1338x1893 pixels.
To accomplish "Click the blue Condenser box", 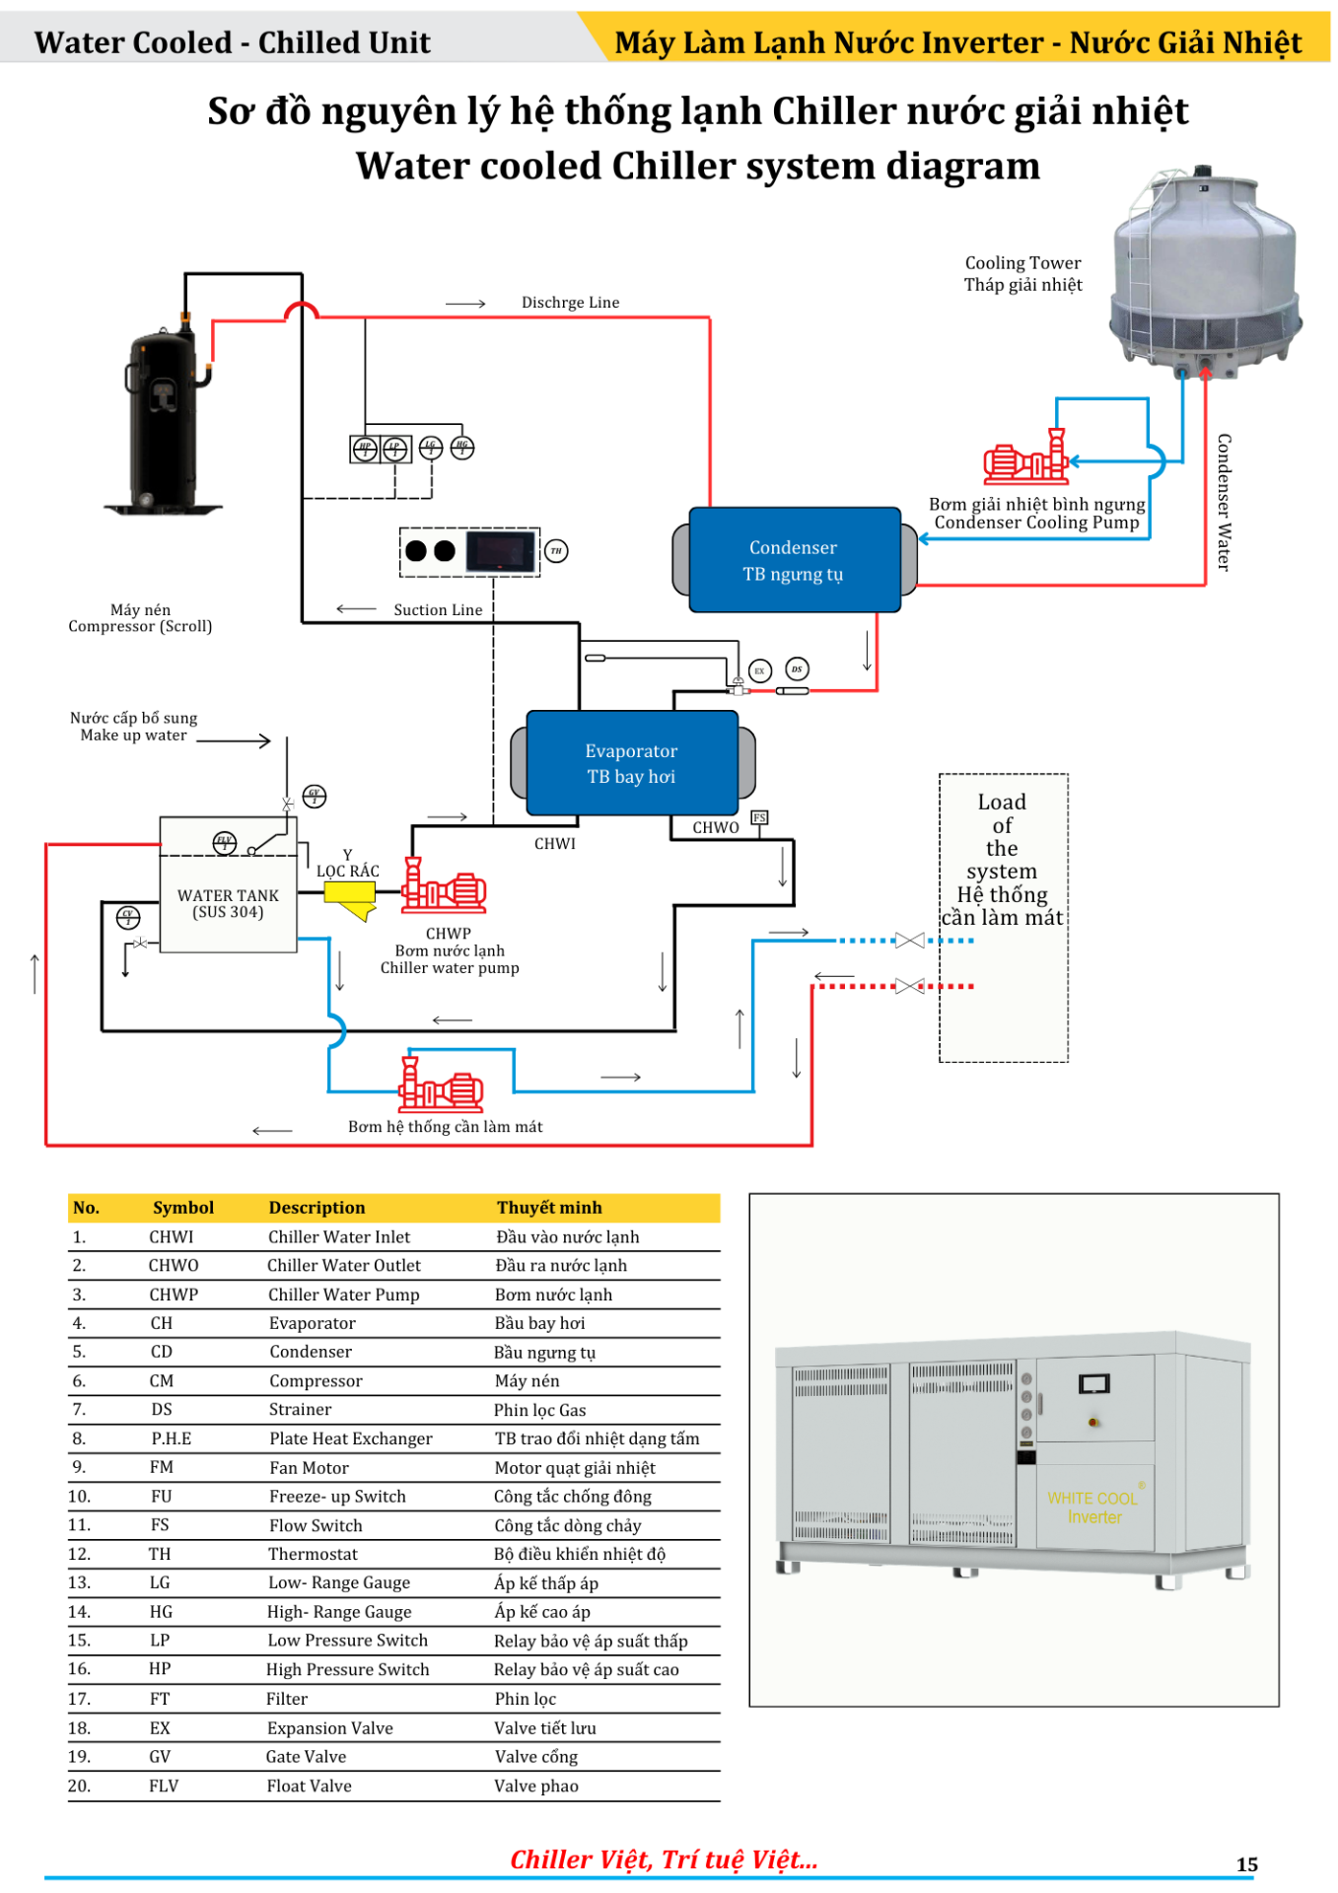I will click(x=794, y=560).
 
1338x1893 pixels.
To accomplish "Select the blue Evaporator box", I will click(x=631, y=763).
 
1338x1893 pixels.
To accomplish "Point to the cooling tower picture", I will click(x=1204, y=275).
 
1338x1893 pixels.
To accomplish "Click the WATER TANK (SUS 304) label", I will click(x=228, y=903).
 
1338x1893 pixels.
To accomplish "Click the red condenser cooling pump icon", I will click(x=1028, y=458).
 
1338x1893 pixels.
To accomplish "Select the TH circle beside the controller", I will click(x=556, y=551).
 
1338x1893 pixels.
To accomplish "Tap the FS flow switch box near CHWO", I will click(x=759, y=817).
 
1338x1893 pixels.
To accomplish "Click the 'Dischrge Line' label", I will click(x=570, y=303).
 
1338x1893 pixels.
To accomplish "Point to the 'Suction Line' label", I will click(x=438, y=610).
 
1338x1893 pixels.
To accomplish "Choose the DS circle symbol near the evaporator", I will click(x=797, y=669).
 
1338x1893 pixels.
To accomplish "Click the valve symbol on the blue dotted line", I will click(x=909, y=941).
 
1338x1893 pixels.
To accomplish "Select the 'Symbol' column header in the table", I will click(x=183, y=1208).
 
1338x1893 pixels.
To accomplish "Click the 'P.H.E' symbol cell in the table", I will click(x=172, y=1438).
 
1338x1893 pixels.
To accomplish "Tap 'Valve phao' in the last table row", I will click(x=536, y=1786).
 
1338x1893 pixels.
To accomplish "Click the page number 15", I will click(x=1247, y=1864).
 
